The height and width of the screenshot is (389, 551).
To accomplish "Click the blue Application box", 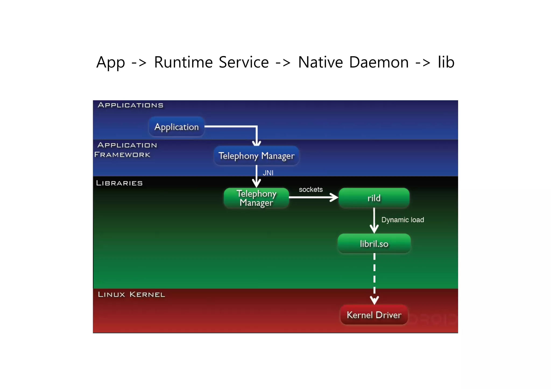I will click(x=176, y=127).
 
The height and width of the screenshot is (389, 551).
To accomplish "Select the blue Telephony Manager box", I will click(x=256, y=156).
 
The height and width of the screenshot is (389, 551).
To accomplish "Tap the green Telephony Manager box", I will click(x=256, y=198).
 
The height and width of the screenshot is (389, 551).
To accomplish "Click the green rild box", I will click(x=374, y=198).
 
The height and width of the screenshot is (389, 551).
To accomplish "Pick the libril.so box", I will click(x=374, y=244).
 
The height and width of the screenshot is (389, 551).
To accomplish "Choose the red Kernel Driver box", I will click(x=374, y=315).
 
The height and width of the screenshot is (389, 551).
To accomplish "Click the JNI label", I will click(x=268, y=173).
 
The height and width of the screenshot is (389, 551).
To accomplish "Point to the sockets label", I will click(x=311, y=189).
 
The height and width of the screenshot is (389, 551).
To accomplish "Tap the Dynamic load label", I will click(x=402, y=220).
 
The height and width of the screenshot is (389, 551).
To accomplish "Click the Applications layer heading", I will click(x=131, y=105).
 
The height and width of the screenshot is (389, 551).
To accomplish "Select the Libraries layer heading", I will click(x=119, y=183).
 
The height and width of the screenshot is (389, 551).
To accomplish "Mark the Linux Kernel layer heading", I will click(x=132, y=294).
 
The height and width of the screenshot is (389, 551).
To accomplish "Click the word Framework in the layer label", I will click(x=122, y=155).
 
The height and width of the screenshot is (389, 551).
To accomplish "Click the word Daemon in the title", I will click(x=379, y=62).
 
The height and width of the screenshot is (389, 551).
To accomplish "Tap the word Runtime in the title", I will click(x=183, y=62).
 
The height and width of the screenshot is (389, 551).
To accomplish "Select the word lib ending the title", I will click(x=446, y=62).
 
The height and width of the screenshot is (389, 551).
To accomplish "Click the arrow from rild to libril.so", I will click(x=374, y=220).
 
